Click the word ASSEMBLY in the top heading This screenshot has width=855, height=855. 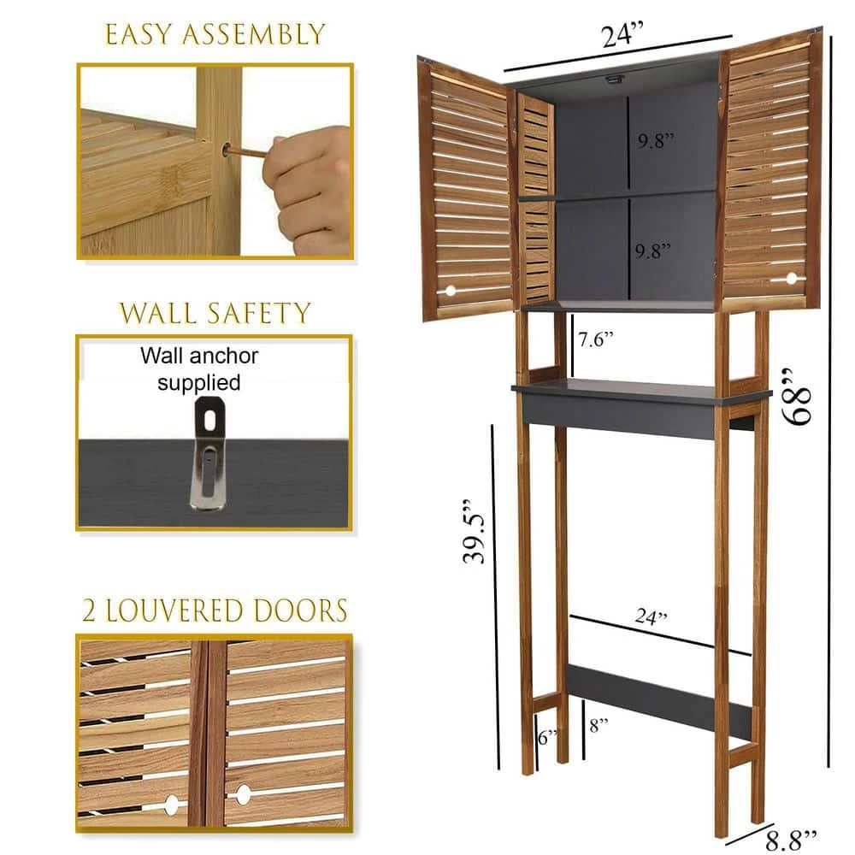click(256, 34)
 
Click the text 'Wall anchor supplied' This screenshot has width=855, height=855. click(198, 368)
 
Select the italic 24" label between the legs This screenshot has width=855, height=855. click(651, 616)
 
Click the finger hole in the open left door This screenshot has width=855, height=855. click(450, 292)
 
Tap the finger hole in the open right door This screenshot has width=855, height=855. click(790, 278)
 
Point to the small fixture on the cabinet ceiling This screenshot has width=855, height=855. click(614, 80)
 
